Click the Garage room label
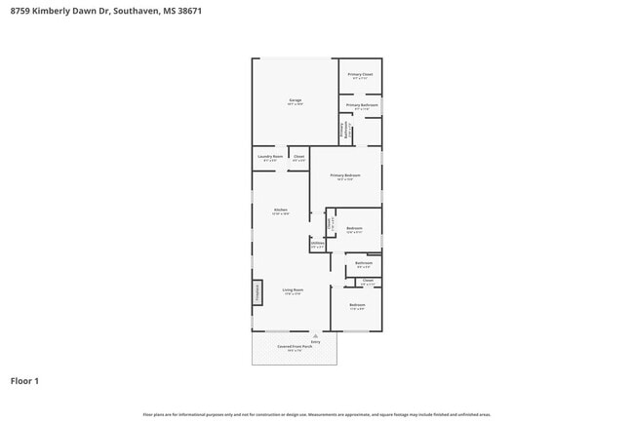pyautogui.click(x=295, y=100)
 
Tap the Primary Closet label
pyautogui.click(x=360, y=74)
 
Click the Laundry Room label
pyautogui.click(x=270, y=157)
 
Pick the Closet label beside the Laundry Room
pyautogui.click(x=298, y=157)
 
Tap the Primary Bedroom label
pyautogui.click(x=344, y=175)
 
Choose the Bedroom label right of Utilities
pyautogui.click(x=354, y=229)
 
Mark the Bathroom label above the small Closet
pyautogui.click(x=363, y=263)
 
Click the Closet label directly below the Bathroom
pyautogui.click(x=368, y=281)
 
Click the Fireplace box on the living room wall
pyautogui.click(x=258, y=291)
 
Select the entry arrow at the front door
pyautogui.click(x=315, y=335)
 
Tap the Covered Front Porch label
pyautogui.click(x=294, y=346)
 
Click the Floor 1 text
pyautogui.click(x=24, y=381)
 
